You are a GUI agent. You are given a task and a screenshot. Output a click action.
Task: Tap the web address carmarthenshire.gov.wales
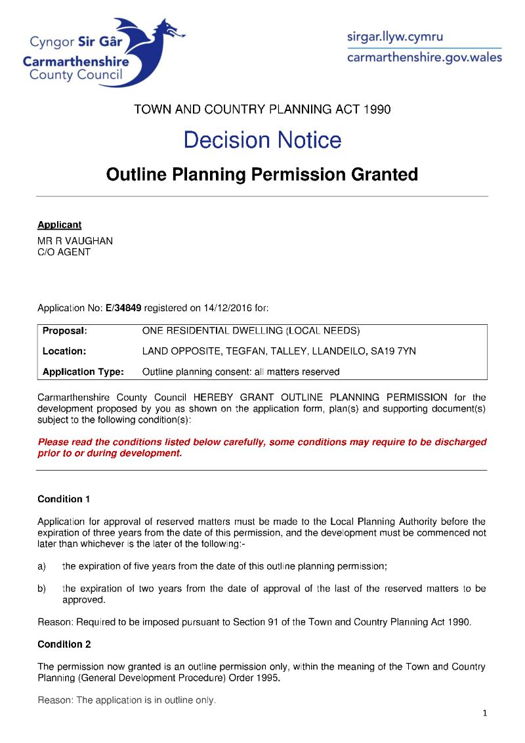point(424,58)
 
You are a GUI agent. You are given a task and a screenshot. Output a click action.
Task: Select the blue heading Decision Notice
point(262,140)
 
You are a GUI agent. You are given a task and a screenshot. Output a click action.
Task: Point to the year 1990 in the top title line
point(376,110)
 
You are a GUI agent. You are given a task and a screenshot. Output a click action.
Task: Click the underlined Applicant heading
point(59,225)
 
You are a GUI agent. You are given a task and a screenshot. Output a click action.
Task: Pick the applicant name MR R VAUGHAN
point(75,241)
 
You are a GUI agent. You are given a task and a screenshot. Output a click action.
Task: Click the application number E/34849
point(123,307)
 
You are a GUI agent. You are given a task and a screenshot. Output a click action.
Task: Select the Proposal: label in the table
point(65,331)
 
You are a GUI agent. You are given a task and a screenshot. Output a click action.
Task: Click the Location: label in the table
point(64,351)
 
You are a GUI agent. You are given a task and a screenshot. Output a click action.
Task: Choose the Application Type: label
point(83,371)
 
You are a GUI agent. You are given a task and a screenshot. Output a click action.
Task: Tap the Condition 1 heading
point(64,499)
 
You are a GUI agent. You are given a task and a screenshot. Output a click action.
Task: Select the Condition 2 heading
point(64,644)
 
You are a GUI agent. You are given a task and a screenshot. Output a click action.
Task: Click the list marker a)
point(42,566)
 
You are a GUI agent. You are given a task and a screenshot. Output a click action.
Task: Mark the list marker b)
point(42,589)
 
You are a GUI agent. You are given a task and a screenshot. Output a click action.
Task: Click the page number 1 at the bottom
point(485,714)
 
